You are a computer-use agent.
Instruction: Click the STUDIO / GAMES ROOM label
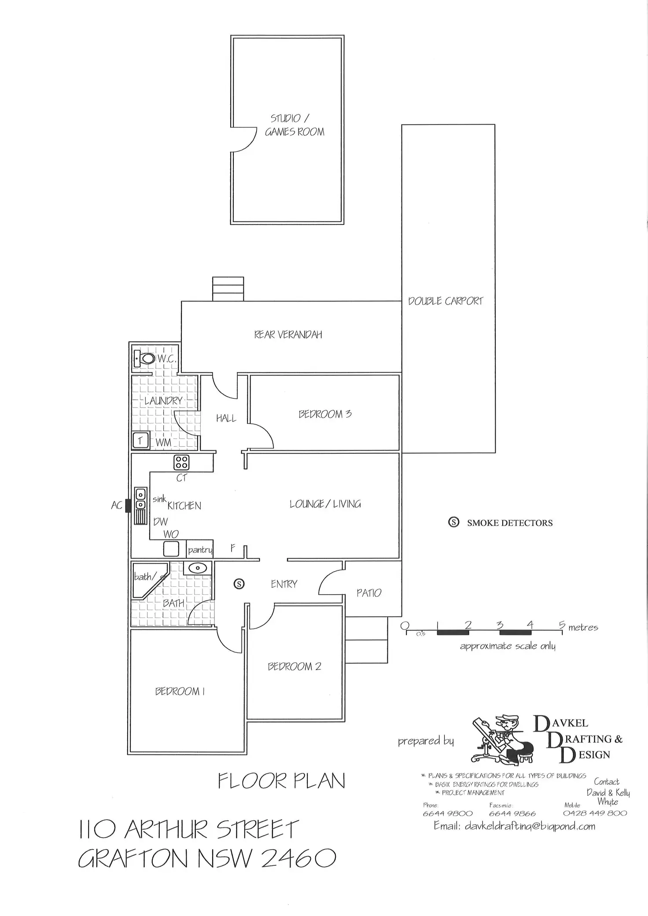pos(295,125)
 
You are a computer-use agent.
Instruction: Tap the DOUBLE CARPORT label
pos(445,301)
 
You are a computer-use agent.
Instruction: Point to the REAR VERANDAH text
pos(288,335)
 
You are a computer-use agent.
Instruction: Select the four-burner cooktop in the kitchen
pos(182,462)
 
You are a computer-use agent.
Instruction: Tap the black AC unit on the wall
pos(128,505)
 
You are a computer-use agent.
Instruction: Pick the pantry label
pos(200,550)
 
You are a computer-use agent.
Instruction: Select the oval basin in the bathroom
pos(198,568)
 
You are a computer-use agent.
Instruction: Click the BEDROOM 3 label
pos(325,414)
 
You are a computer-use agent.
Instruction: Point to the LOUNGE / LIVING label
pos(325,504)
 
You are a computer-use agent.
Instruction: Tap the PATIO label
pos(369,593)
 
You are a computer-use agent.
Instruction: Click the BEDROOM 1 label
pos(180,692)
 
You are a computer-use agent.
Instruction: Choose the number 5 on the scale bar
pos(562,624)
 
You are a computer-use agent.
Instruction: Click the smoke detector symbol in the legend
pos(453,522)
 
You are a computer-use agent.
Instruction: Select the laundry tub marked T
pos(140,440)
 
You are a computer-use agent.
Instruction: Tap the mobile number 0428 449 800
pos(595,813)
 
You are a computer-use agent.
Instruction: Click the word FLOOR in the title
pos(252,781)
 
